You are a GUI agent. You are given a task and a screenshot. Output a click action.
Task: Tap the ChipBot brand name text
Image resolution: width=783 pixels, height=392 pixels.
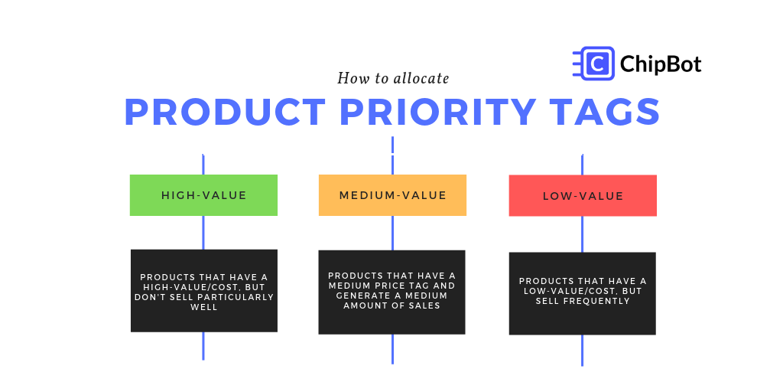click(661, 64)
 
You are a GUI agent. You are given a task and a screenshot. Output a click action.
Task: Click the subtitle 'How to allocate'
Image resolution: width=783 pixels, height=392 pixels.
click(393, 78)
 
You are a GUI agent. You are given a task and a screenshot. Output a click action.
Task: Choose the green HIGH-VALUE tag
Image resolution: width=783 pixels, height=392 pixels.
click(203, 195)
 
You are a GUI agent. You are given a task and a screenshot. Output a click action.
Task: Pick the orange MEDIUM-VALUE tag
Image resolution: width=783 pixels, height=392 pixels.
click(392, 195)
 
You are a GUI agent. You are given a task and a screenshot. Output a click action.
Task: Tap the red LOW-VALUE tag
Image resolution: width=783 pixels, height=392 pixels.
click(583, 196)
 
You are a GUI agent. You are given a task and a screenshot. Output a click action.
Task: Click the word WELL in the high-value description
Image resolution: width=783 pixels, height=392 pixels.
click(204, 307)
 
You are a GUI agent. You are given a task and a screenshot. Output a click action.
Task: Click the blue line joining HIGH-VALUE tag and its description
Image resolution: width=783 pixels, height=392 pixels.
click(203, 232)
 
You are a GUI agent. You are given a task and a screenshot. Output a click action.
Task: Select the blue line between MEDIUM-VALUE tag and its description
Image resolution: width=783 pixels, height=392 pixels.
click(392, 233)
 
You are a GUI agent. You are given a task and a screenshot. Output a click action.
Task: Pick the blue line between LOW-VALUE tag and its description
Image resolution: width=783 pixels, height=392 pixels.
click(583, 234)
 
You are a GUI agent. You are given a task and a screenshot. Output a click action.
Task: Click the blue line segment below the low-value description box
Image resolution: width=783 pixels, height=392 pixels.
click(583, 350)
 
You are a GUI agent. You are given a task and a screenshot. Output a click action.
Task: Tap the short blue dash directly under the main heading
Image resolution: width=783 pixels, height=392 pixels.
click(392, 145)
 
